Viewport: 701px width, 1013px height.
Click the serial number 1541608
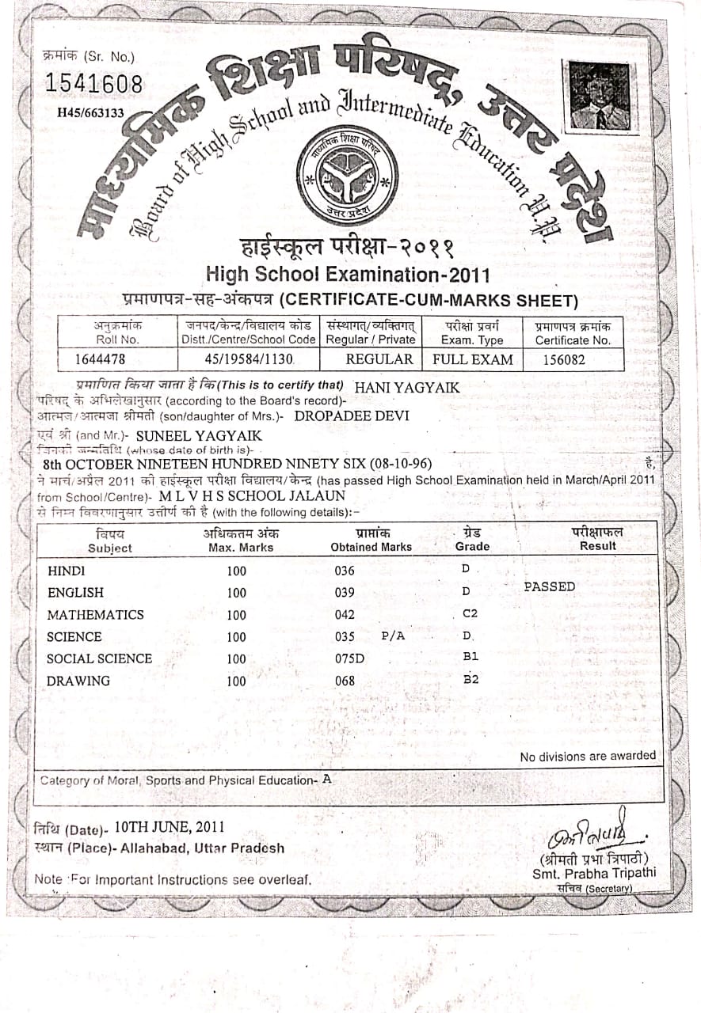(x=93, y=82)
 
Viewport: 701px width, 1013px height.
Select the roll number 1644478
(x=100, y=359)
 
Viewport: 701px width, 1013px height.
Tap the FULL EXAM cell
(x=473, y=359)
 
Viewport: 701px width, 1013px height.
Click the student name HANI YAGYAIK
(x=407, y=387)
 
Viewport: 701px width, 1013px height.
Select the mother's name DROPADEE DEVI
(x=352, y=415)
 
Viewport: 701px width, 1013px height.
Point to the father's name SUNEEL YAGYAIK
(x=199, y=435)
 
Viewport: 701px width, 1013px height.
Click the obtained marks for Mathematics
(x=345, y=615)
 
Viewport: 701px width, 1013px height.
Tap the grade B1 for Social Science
(x=471, y=657)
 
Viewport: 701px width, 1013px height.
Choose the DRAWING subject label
(x=78, y=681)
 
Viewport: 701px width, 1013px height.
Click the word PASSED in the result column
(x=550, y=587)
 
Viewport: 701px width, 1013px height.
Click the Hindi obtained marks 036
(x=345, y=571)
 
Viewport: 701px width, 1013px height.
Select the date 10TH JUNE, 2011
(x=169, y=826)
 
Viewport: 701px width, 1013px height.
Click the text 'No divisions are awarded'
(x=588, y=757)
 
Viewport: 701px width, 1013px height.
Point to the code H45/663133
(x=90, y=113)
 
